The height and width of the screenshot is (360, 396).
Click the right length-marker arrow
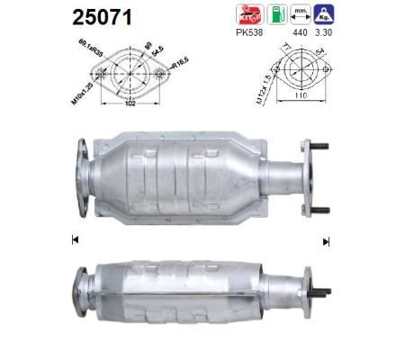(x=327, y=239)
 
